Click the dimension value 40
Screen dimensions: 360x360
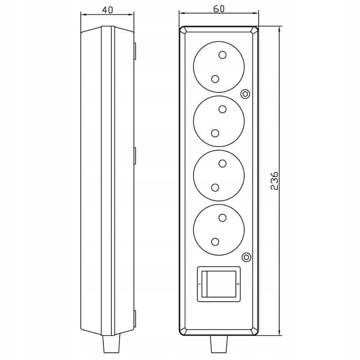click(107, 10)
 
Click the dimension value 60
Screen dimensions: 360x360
click(219, 9)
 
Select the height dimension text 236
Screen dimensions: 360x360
click(274, 181)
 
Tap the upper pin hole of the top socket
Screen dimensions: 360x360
click(223, 55)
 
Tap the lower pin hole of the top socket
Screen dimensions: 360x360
click(215, 79)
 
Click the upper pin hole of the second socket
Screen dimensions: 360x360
click(223, 109)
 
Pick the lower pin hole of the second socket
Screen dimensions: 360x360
click(215, 133)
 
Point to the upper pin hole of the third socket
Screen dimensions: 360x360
click(223, 163)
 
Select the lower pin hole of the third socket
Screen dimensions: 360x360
click(215, 188)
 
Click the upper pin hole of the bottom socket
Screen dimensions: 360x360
click(223, 217)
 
